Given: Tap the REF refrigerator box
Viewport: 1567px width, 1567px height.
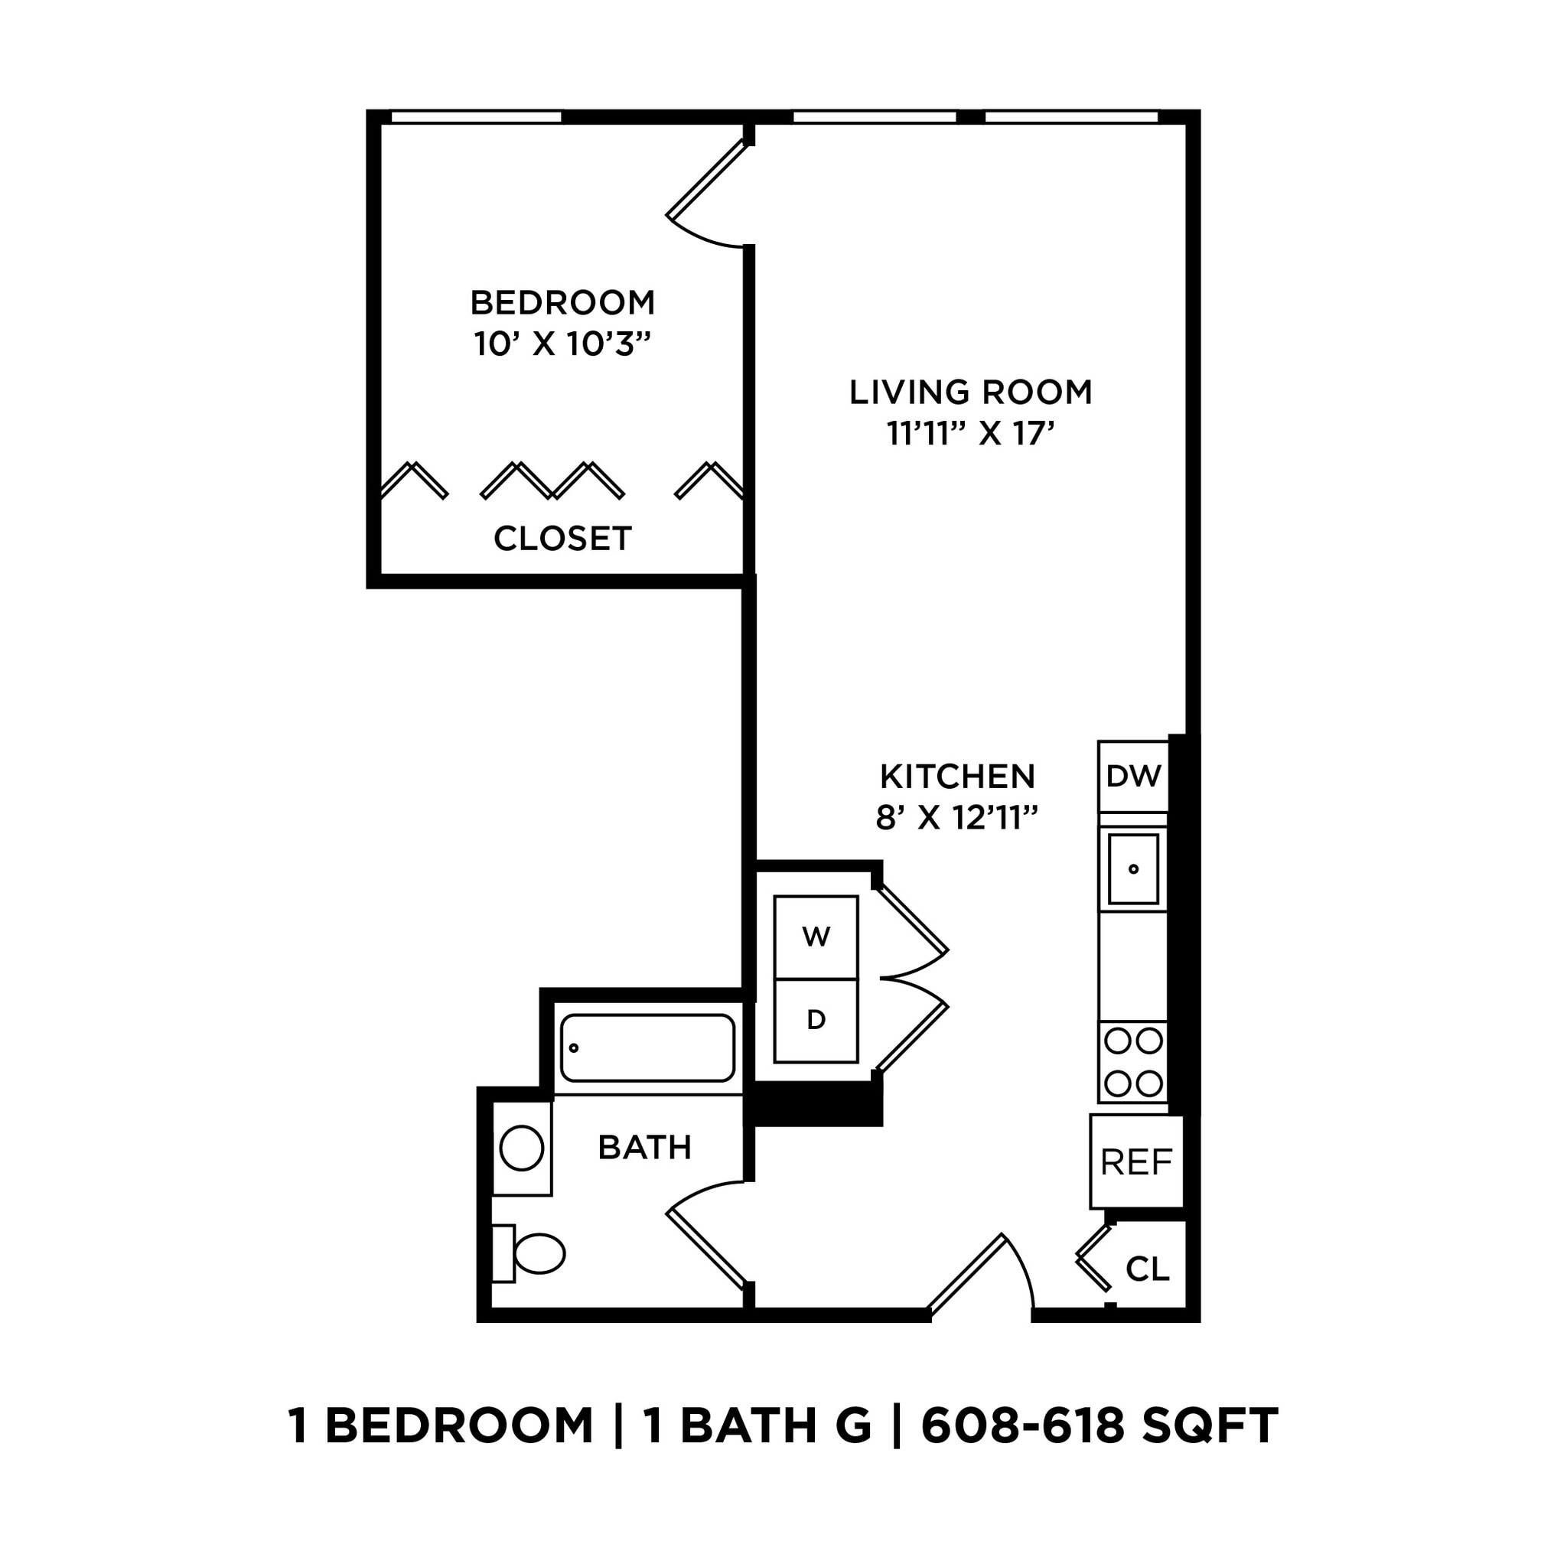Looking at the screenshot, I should (x=1135, y=1162).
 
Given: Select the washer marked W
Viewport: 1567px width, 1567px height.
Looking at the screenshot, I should (x=815, y=937).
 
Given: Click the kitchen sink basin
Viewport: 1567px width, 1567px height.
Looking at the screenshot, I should (x=1133, y=868).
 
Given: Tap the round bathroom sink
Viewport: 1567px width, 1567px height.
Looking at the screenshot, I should (x=522, y=1148).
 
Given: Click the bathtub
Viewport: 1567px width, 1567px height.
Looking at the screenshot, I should (x=647, y=1047).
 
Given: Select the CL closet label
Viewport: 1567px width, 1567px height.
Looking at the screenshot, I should (x=1148, y=1269).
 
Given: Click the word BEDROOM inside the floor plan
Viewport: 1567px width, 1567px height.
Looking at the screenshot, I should (x=562, y=302).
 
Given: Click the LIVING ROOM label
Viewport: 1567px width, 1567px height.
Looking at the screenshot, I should (x=970, y=392).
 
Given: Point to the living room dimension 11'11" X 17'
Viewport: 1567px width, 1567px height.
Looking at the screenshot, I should (x=970, y=434).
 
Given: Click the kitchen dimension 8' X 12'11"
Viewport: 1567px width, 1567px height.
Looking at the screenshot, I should (x=957, y=818).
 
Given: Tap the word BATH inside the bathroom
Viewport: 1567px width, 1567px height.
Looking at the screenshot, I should (x=644, y=1147).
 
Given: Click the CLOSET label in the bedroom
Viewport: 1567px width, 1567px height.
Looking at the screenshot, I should (x=562, y=539).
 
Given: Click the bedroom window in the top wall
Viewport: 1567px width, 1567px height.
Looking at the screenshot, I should (x=476, y=117).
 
